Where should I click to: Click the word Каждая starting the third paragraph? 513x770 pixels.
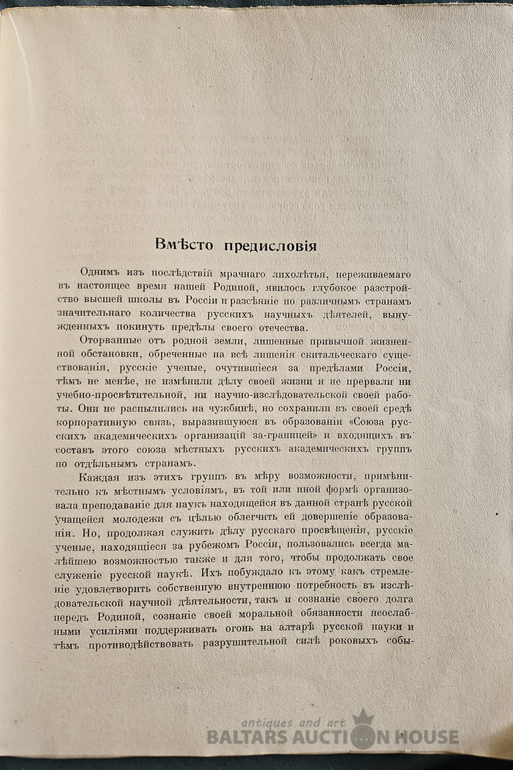(x=101, y=477)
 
